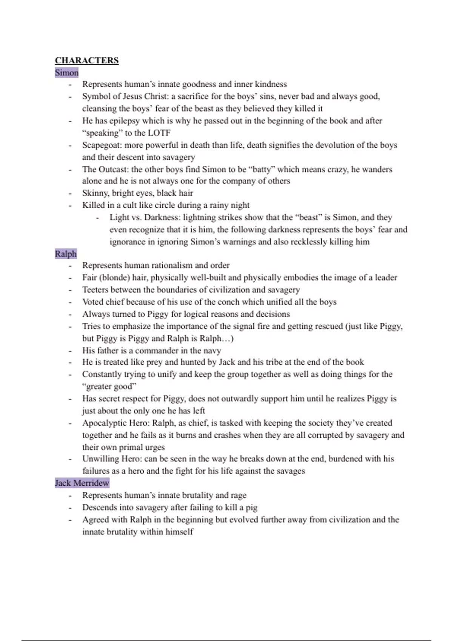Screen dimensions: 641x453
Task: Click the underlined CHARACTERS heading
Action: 86,61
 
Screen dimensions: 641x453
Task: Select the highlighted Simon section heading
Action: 66,72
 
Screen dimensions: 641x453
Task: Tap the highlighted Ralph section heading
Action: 66,254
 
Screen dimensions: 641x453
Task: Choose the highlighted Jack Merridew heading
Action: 82,483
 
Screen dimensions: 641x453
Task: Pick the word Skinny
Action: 96,193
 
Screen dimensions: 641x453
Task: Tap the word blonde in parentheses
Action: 115,278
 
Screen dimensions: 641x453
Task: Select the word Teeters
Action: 96,290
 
